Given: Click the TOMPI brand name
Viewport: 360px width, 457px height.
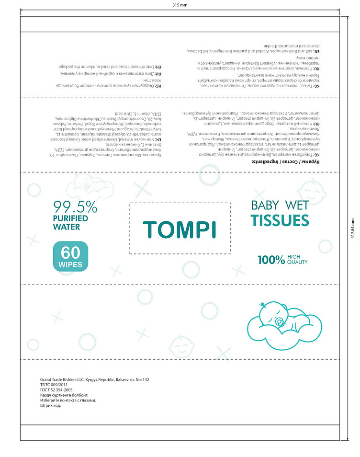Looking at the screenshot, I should point(180,229).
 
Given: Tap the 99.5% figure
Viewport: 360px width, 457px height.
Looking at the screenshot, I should point(75,207).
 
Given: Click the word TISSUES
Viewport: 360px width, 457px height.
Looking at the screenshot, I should point(280,221).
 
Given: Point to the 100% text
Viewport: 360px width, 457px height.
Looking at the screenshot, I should point(271,260).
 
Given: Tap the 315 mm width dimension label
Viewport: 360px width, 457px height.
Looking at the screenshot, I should point(180,5).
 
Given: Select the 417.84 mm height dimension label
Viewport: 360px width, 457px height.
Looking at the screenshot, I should point(352,228).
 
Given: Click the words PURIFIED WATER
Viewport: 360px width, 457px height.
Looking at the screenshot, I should point(70,223).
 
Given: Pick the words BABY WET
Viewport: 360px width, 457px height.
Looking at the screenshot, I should point(280,206).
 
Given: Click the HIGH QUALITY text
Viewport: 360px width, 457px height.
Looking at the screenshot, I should point(297,260).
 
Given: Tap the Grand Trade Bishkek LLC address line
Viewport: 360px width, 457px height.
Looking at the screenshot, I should point(95,379).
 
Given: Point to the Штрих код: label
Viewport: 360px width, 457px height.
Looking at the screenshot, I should point(51,406).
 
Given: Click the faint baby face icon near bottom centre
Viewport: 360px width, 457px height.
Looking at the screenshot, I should point(180,343).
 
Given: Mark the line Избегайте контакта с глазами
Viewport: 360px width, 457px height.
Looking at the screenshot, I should point(68,400).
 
